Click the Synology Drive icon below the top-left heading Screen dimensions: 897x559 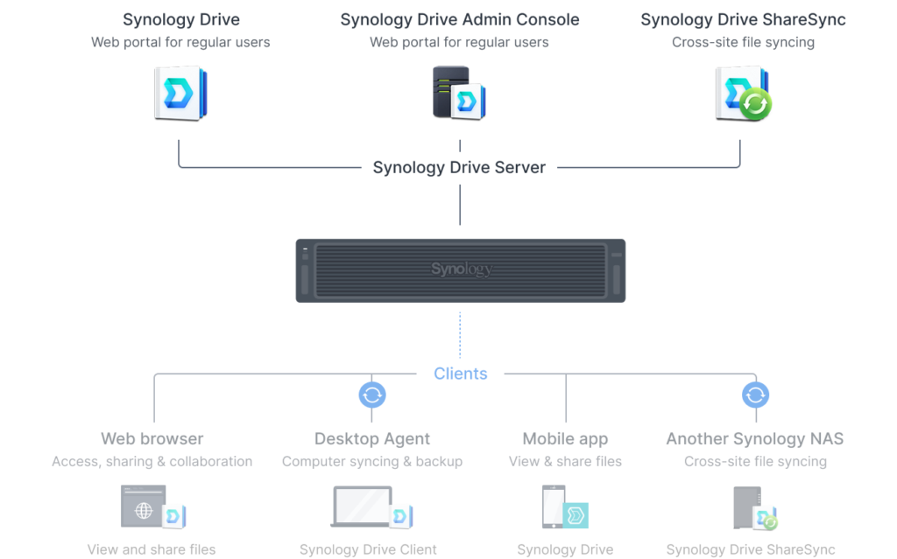(x=180, y=93)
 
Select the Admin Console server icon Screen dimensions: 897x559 (x=459, y=93)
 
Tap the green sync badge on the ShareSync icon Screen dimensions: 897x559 (x=755, y=104)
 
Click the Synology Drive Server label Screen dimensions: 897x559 (x=459, y=167)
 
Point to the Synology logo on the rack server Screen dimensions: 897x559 (x=461, y=269)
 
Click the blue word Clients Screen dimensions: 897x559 (x=461, y=374)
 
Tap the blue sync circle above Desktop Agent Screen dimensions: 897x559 (x=371, y=395)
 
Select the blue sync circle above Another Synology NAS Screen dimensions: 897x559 (x=755, y=395)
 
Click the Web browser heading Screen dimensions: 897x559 (x=152, y=438)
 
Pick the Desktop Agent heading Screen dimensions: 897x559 (x=371, y=439)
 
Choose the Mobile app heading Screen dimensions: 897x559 (x=565, y=439)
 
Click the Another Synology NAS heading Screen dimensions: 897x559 (x=754, y=439)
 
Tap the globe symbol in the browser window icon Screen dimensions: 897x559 (x=144, y=510)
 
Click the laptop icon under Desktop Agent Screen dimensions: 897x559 (x=362, y=506)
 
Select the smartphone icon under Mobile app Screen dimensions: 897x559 (x=554, y=507)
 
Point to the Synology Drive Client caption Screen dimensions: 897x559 (x=368, y=549)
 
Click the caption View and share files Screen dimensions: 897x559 (x=152, y=549)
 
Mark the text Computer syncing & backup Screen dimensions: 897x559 (x=372, y=461)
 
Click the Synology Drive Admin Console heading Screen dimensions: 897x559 (x=460, y=19)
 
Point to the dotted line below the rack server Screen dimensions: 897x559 (x=460, y=335)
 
